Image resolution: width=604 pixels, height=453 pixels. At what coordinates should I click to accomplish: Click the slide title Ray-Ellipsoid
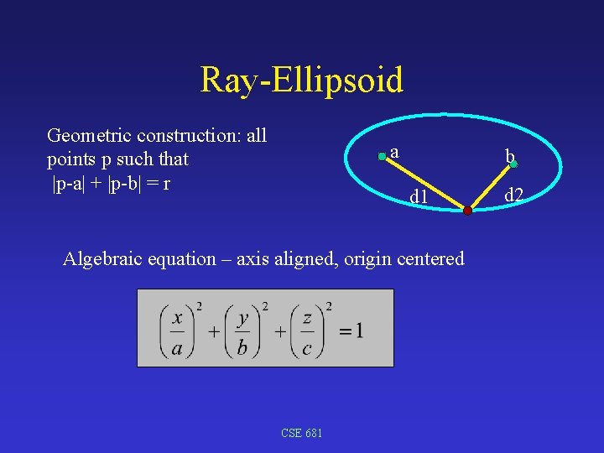(301, 80)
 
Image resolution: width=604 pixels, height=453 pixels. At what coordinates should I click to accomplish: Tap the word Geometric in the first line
(90, 135)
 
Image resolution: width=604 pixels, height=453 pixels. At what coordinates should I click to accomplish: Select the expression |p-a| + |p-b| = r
(112, 183)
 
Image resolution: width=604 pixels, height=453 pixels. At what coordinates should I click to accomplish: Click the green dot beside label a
(383, 155)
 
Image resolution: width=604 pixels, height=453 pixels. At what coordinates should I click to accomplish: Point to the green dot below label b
(513, 164)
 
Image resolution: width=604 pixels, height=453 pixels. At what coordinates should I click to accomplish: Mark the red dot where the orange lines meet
(467, 211)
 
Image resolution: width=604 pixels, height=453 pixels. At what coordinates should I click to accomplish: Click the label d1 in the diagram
(419, 197)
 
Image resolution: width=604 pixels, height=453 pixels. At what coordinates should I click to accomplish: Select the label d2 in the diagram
(513, 195)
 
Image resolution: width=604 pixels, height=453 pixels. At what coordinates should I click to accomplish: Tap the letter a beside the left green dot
(394, 152)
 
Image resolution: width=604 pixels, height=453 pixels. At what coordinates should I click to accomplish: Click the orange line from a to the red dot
(424, 183)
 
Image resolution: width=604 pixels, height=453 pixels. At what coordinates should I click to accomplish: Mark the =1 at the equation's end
(351, 331)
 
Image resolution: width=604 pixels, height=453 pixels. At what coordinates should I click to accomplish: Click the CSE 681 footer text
(302, 433)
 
